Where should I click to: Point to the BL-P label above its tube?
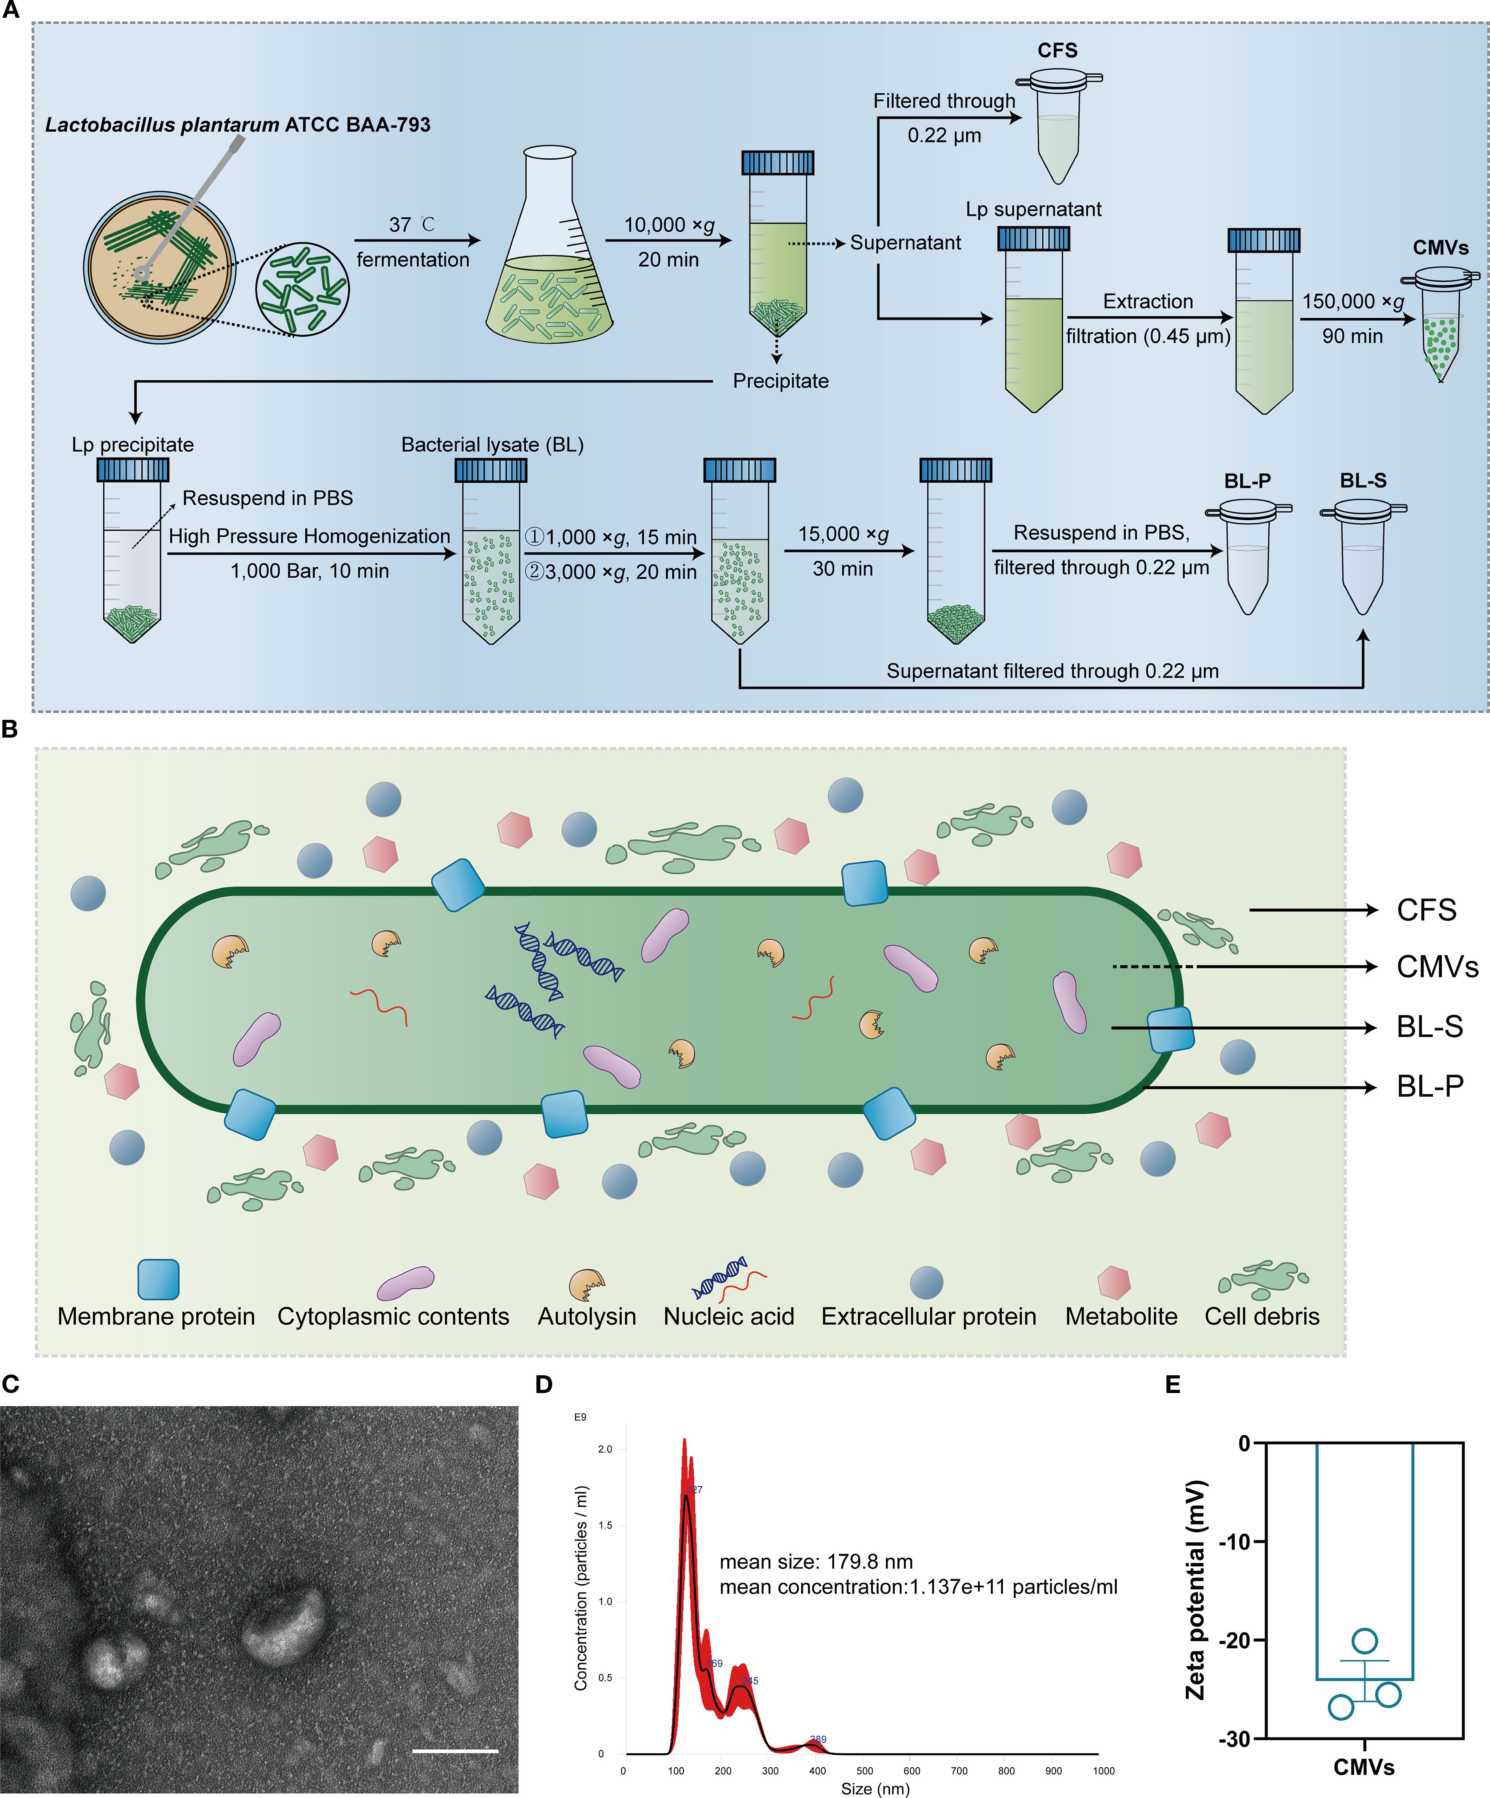tap(1247, 481)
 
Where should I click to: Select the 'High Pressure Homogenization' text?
tap(309, 537)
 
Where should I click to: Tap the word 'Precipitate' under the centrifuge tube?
tap(781, 381)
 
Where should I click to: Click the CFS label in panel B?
tap(1426, 910)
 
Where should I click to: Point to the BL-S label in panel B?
tap(1429, 1026)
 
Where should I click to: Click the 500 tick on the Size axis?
tap(864, 1771)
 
